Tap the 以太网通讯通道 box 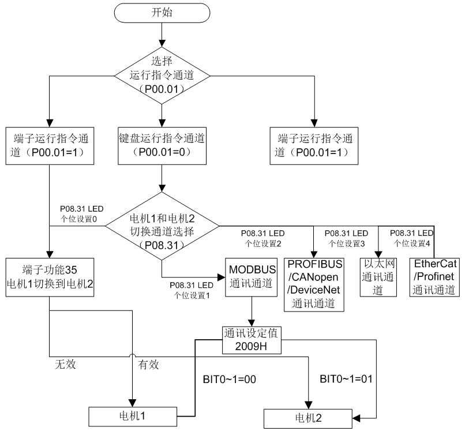pos(378,277)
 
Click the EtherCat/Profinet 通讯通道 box pos(435,277)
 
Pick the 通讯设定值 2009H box pos(252,340)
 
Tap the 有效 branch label pos(148,365)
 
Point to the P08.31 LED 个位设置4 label pos(411,238)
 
